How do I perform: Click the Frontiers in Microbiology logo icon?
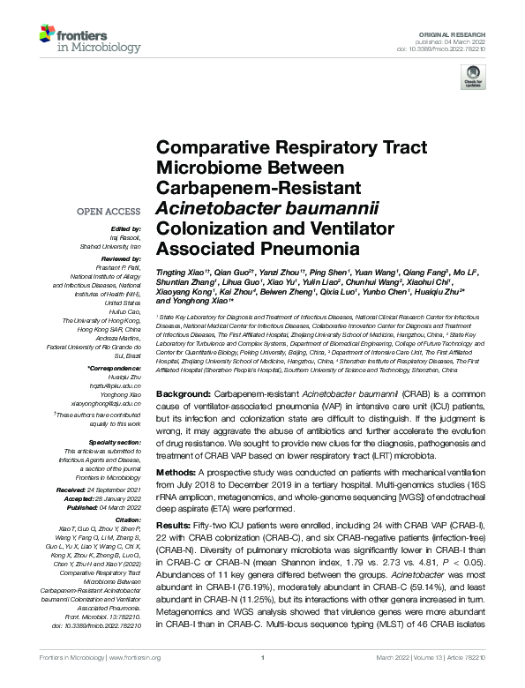[48, 35]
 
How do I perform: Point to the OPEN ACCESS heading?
[109, 212]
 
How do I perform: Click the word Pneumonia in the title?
[305, 249]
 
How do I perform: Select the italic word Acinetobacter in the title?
[204, 208]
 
